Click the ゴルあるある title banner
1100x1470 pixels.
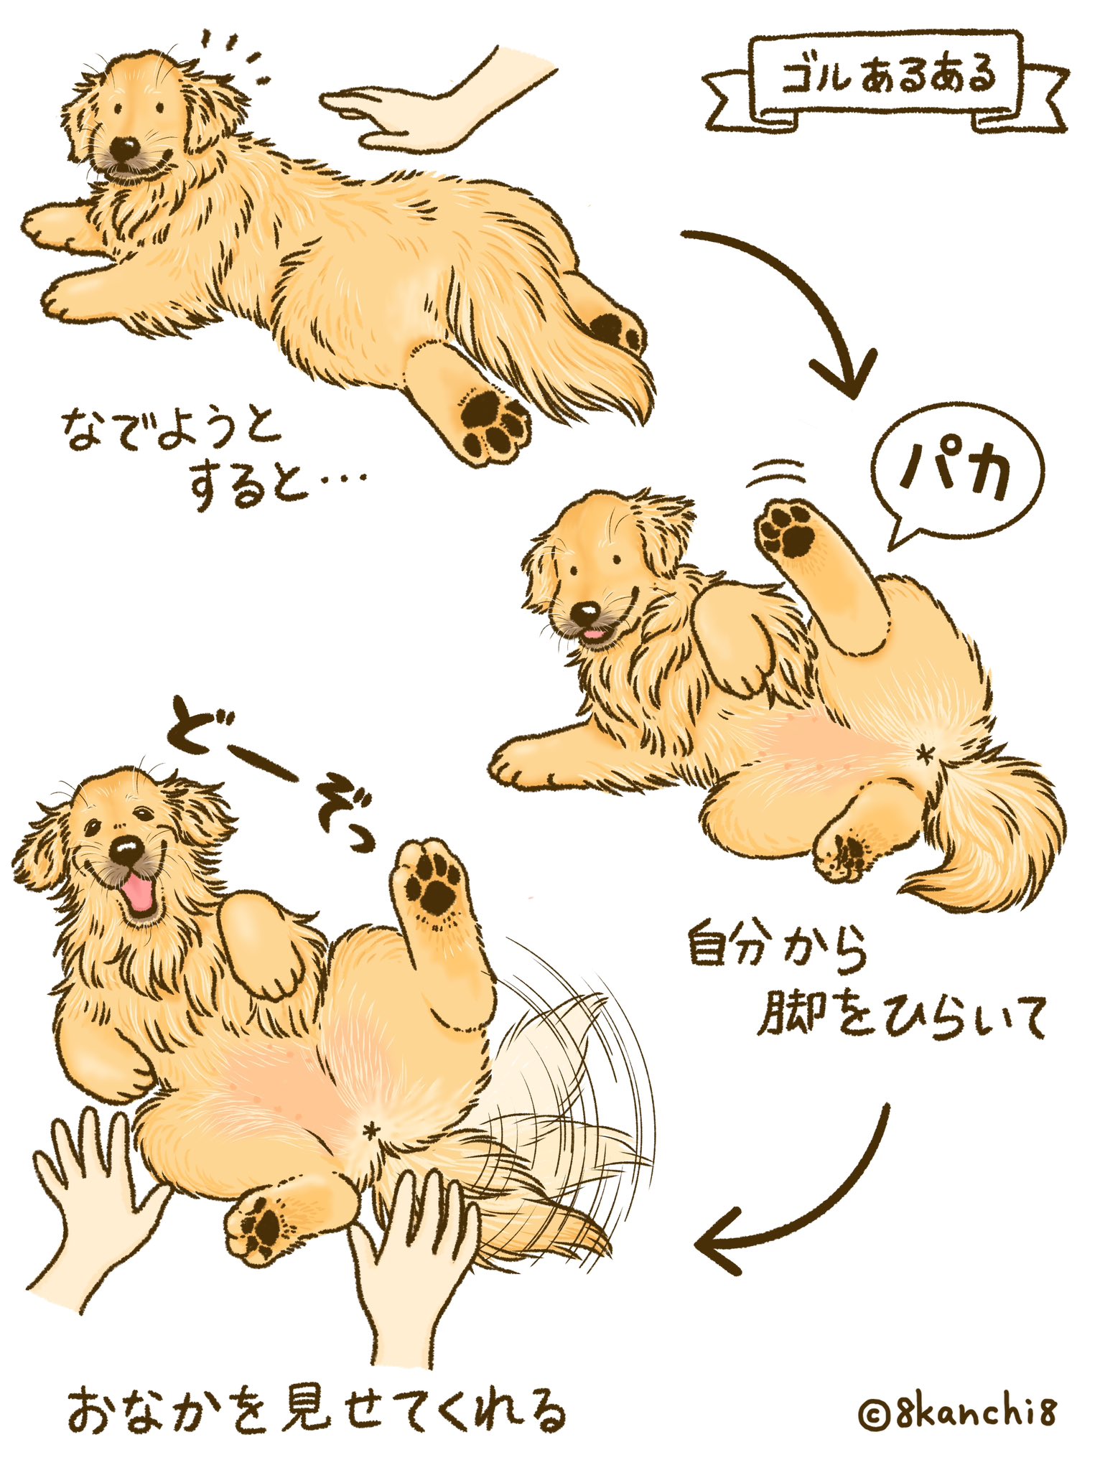pyautogui.click(x=885, y=80)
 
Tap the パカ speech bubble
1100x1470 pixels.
pyautogui.click(x=956, y=474)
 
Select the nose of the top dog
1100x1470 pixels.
pyautogui.click(x=125, y=149)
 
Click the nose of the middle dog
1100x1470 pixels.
pyautogui.click(x=587, y=612)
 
